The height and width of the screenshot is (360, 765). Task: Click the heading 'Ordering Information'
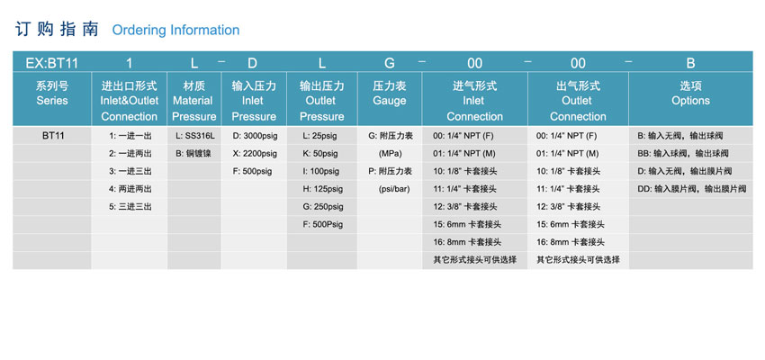coord(175,31)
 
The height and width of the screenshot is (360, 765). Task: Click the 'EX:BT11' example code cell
coord(51,63)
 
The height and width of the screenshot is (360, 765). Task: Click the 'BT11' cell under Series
coord(53,136)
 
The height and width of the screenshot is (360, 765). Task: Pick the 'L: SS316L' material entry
coord(194,136)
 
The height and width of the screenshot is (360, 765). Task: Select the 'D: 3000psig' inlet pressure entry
coord(255,136)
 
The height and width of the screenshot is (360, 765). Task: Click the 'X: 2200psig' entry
coord(255,154)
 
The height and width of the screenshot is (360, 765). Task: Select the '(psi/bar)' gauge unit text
coord(391,189)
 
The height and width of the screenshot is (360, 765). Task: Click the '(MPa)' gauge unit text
coord(391,154)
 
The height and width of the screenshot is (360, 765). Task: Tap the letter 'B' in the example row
coord(690,63)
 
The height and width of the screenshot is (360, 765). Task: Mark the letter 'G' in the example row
coord(390,63)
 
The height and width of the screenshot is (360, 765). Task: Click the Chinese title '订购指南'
coord(57,30)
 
